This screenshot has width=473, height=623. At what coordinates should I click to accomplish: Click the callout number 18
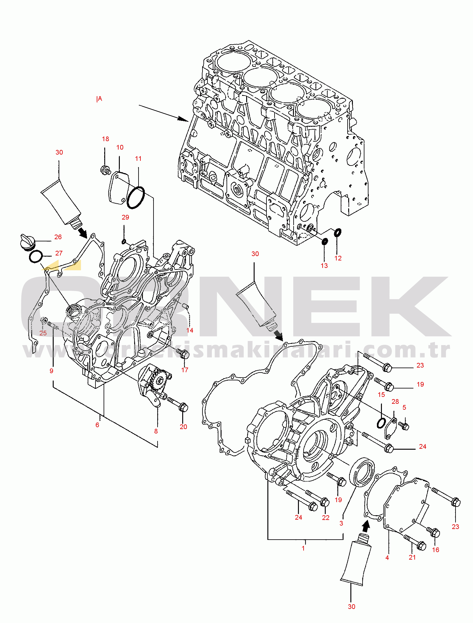tap(105, 139)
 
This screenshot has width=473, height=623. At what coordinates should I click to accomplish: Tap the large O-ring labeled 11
tap(135, 197)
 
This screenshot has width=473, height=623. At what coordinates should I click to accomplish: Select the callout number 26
tap(58, 237)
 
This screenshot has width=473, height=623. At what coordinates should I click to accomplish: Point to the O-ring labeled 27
tap(36, 257)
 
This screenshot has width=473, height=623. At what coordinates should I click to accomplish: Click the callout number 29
tap(125, 217)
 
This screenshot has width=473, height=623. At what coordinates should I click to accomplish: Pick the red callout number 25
tap(43, 333)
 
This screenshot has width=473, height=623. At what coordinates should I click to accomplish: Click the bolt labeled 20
tap(178, 404)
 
